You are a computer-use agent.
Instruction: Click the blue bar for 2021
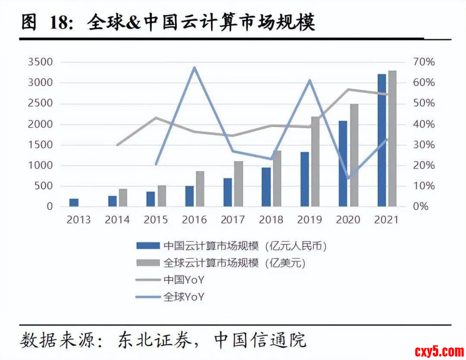(x=381, y=140)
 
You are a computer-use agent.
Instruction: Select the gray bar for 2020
(x=354, y=155)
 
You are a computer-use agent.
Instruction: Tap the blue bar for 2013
(x=74, y=202)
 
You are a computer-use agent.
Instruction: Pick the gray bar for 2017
(x=239, y=184)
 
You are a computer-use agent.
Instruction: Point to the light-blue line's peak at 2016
(x=194, y=67)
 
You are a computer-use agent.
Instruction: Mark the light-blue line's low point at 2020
(x=348, y=178)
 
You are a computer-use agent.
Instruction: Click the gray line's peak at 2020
(x=348, y=90)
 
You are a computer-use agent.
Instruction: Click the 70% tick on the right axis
(x=425, y=62)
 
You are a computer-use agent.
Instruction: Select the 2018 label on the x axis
(x=271, y=220)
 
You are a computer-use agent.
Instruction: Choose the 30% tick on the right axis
(x=425, y=145)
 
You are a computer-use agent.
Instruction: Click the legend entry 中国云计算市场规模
(x=211, y=246)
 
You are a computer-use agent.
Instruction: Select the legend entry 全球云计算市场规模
(x=211, y=263)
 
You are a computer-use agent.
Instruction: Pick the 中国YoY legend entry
(x=183, y=280)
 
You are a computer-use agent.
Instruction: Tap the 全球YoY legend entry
(x=183, y=297)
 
